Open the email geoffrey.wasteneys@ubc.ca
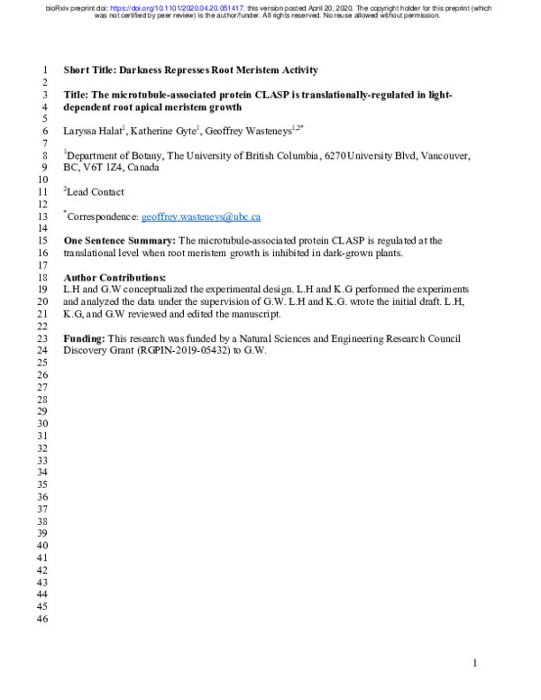[x=201, y=217]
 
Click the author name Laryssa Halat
[x=95, y=131]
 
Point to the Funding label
[x=84, y=338]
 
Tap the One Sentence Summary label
[x=119, y=242]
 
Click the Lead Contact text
[x=96, y=192]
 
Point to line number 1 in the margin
[x=41, y=70]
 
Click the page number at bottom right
[x=475, y=664]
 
